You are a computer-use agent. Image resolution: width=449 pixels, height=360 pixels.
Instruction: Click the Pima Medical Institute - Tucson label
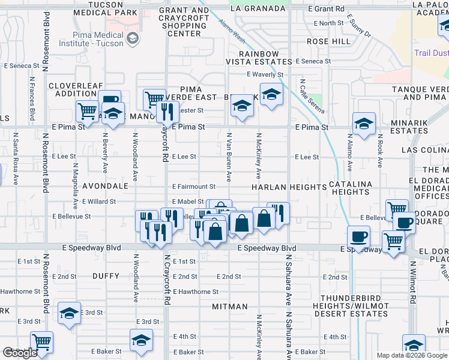pos(98,40)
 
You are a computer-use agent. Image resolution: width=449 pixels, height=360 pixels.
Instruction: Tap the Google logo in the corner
pos(20,353)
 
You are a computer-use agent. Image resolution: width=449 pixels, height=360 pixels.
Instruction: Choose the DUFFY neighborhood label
pos(106,275)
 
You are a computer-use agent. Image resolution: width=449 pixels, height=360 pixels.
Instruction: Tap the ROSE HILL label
pos(328,41)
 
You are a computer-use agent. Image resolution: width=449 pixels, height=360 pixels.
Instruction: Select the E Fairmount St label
pos(193,187)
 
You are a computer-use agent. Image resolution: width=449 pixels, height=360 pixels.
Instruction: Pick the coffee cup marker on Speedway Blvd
pos(358,236)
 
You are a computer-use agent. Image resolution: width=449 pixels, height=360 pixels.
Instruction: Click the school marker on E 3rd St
pos(70,312)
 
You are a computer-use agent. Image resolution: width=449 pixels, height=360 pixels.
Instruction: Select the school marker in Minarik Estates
pos(364,124)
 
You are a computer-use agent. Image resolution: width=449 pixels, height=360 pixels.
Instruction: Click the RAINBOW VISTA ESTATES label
pos(252,58)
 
